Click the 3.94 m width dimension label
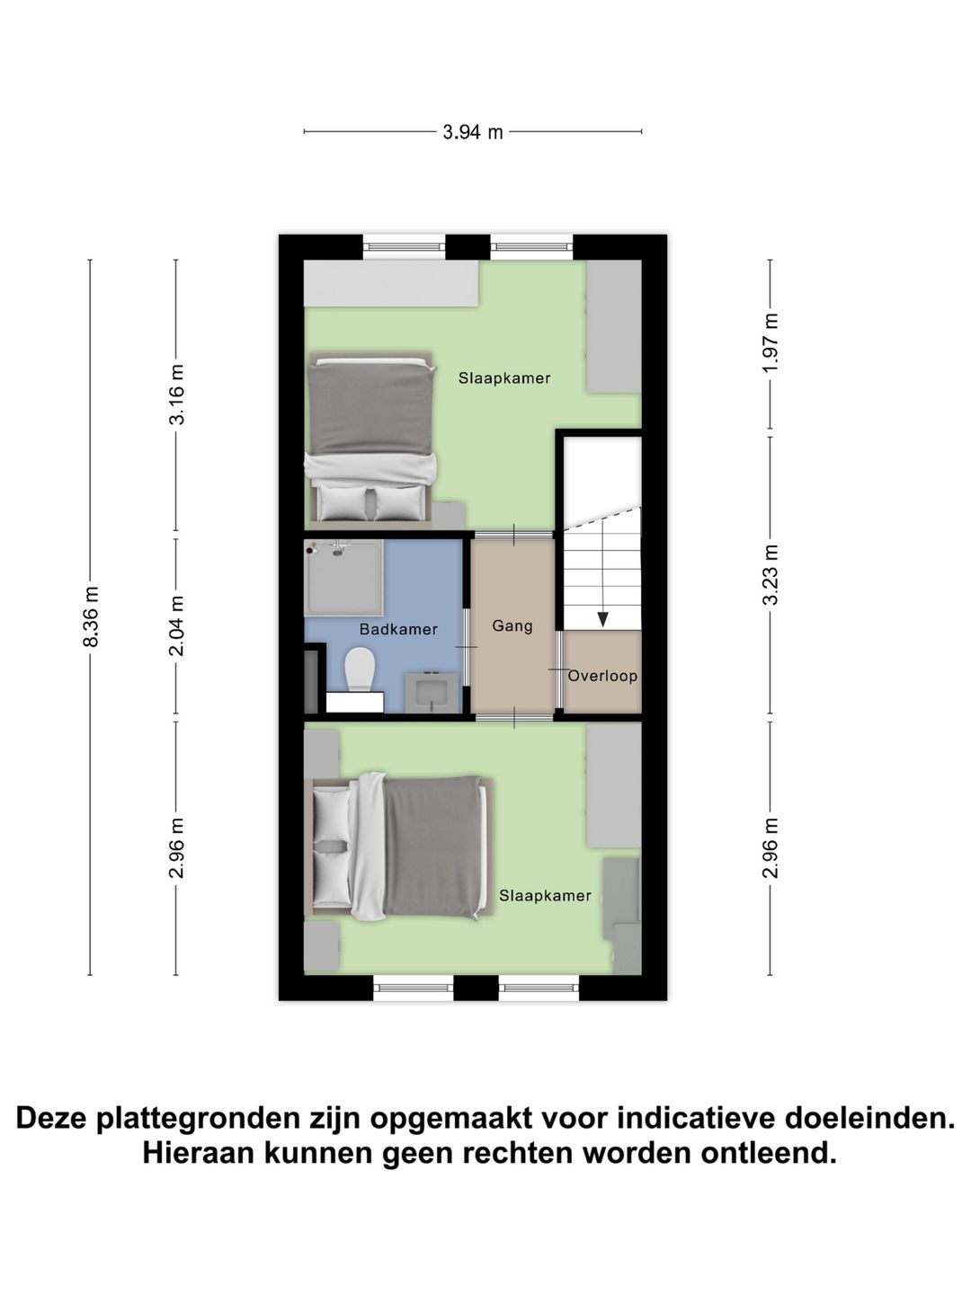pos(472,132)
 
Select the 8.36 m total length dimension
pos(90,616)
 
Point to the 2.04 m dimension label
pos(176,625)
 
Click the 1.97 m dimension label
pos(770,344)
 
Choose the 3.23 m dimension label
pos(770,575)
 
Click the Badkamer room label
pos(398,629)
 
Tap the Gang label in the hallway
pos(512,625)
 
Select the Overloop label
pos(602,676)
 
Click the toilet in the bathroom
pos(360,671)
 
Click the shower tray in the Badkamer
pos(343,578)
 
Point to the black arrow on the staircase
pos(602,617)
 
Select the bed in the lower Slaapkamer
pos(401,846)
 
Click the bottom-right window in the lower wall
pos(539,988)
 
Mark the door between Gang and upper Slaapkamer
pos(513,536)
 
